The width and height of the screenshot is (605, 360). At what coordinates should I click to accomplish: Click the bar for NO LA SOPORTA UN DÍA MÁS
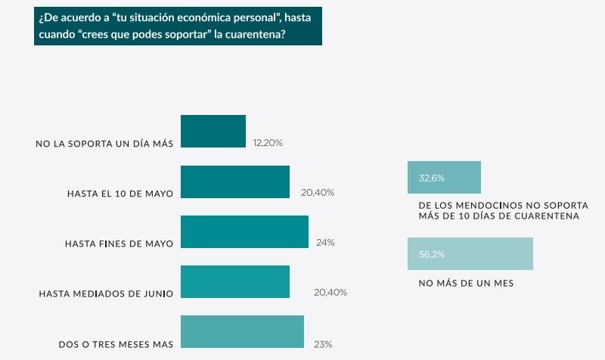point(213,132)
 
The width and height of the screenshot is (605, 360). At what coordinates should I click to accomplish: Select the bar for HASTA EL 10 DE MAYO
point(235,182)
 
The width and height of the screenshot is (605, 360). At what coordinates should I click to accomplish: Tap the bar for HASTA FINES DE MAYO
point(244,231)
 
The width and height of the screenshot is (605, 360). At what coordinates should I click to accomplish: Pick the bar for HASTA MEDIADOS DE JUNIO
point(235,281)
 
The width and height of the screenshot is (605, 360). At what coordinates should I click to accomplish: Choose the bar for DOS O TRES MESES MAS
point(242,331)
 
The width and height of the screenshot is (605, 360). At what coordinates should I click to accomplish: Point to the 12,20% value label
point(268,142)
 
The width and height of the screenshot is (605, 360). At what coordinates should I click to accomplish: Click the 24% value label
point(326,243)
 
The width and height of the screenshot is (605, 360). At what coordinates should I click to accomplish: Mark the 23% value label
point(323,344)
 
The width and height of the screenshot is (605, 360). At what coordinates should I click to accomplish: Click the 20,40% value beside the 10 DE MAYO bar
point(318,193)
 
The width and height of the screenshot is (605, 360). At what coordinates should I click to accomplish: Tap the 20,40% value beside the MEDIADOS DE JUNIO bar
point(330,293)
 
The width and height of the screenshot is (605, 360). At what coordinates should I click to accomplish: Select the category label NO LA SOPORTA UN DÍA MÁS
point(104,143)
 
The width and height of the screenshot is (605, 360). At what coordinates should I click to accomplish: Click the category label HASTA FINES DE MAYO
point(119,244)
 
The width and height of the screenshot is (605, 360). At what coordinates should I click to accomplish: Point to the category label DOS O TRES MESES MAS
point(116,344)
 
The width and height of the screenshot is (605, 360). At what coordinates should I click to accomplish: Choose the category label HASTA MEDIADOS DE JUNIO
point(106,293)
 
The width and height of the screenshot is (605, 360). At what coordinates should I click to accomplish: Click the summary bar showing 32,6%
point(444,178)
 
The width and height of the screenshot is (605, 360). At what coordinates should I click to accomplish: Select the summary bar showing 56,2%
point(470,254)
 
